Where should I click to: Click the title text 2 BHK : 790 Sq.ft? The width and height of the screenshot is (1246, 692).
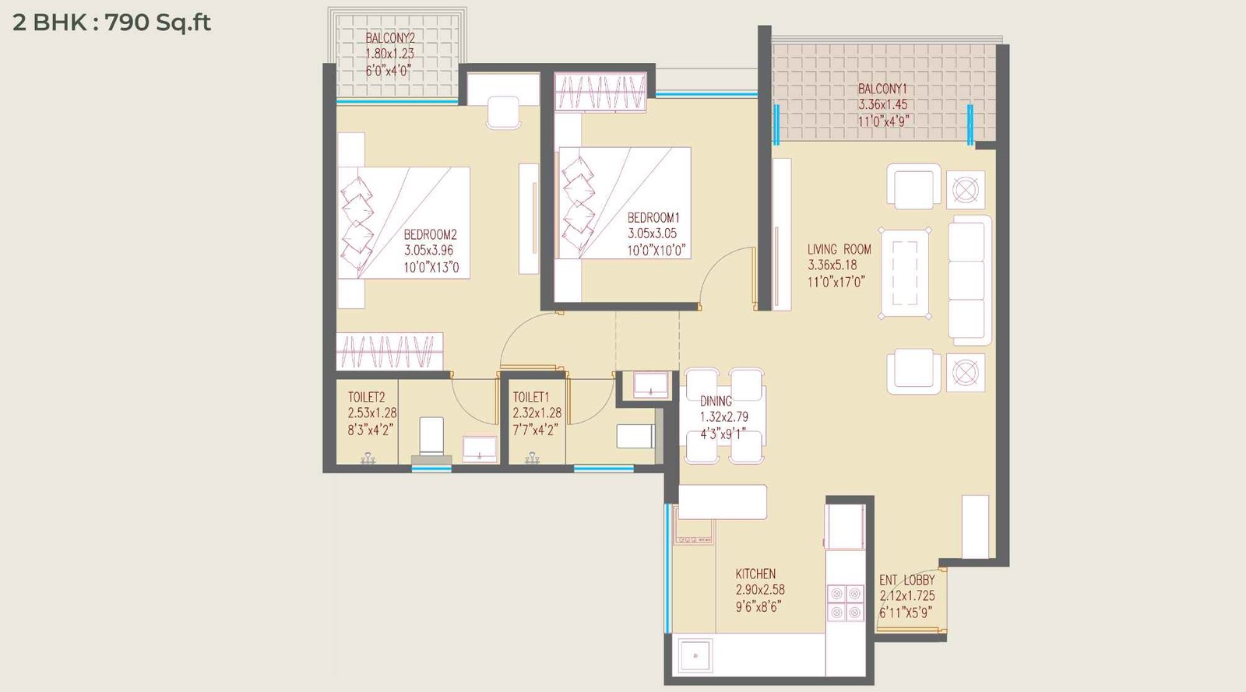point(111,23)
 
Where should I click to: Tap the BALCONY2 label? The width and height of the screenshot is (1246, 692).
point(390,38)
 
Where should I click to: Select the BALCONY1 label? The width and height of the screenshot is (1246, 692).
point(882,89)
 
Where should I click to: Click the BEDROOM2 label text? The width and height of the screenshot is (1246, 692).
point(430,234)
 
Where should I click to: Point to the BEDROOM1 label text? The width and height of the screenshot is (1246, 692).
point(653,218)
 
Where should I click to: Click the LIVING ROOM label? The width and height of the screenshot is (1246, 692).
point(839,249)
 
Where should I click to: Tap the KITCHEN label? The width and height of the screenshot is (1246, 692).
point(755,574)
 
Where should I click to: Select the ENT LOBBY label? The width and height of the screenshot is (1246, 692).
point(906,580)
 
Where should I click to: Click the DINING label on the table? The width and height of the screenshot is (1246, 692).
point(716,401)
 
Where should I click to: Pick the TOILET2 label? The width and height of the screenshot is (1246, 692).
point(366,397)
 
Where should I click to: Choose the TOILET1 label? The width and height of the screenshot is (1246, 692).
point(530,397)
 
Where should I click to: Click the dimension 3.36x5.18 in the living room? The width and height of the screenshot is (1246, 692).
point(832,265)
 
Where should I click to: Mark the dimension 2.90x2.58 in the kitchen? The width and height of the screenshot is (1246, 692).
point(759,590)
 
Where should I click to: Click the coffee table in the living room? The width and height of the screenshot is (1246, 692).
point(904,272)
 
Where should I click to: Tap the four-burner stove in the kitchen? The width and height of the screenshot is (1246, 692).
point(845,602)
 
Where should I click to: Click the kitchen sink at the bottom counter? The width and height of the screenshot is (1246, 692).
point(695,656)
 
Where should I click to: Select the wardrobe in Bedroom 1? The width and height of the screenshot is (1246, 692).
point(600,92)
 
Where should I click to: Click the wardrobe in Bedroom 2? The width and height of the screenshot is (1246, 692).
point(389,351)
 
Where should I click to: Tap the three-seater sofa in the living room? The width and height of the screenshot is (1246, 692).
point(970,280)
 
